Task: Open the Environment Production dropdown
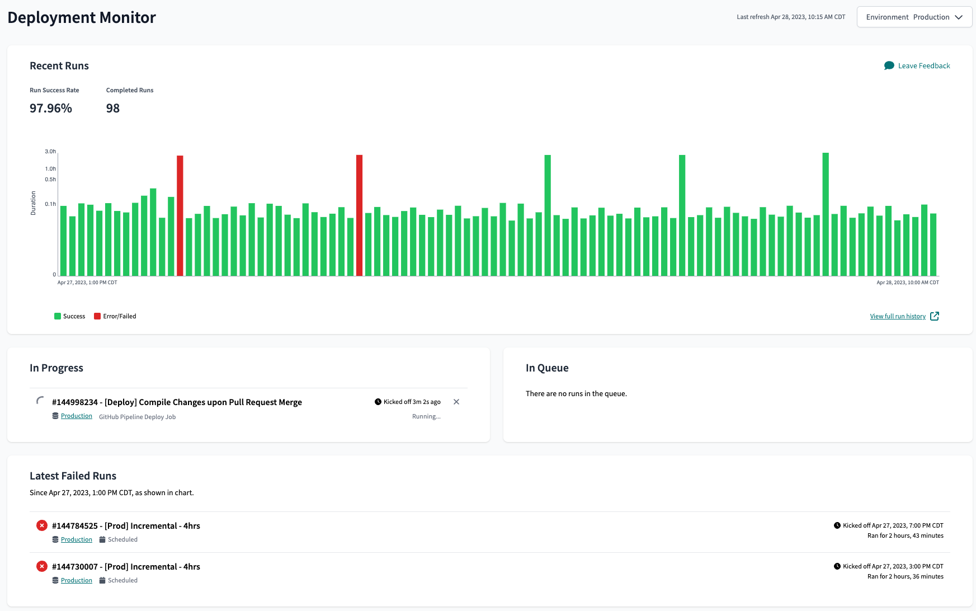pyautogui.click(x=914, y=17)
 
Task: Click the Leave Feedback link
pyautogui.click(x=923, y=66)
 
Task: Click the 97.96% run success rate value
pyautogui.click(x=51, y=109)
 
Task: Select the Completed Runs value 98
pyautogui.click(x=113, y=109)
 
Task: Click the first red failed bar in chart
pyautogui.click(x=180, y=215)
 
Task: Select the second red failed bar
pyautogui.click(x=359, y=215)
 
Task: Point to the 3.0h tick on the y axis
pyautogui.click(x=50, y=152)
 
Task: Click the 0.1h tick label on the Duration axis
pyautogui.click(x=50, y=204)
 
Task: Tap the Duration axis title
pyautogui.click(x=33, y=203)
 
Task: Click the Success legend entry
pyautogui.click(x=70, y=317)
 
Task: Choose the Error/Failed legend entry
pyautogui.click(x=115, y=317)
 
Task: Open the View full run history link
pyautogui.click(x=898, y=317)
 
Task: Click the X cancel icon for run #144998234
pyautogui.click(x=456, y=402)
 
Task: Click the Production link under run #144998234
pyautogui.click(x=77, y=416)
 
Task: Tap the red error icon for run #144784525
pyautogui.click(x=42, y=526)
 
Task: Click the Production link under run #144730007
pyautogui.click(x=77, y=581)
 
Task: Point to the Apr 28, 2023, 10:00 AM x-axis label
pyautogui.click(x=907, y=283)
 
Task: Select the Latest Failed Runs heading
pyautogui.click(x=73, y=476)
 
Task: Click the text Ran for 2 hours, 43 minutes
pyautogui.click(x=905, y=536)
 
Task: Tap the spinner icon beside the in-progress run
pyautogui.click(x=40, y=401)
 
